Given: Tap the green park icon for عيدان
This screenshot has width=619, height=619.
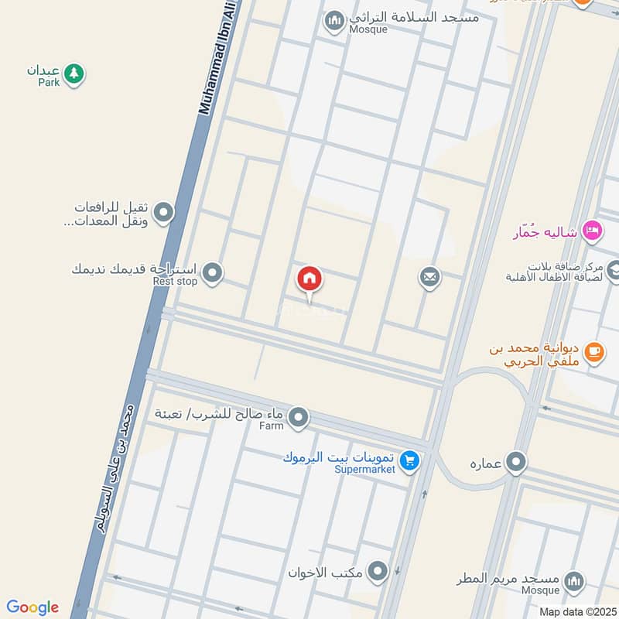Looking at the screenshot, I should (x=74, y=74).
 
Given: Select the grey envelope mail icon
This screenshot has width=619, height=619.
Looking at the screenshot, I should (x=430, y=277).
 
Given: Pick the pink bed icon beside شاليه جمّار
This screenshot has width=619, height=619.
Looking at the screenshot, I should (x=592, y=230).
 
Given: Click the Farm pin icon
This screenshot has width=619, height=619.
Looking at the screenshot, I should (x=299, y=419).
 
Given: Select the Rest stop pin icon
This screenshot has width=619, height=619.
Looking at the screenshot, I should (x=213, y=272).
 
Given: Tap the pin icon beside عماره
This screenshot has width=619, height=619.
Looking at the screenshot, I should (x=516, y=463).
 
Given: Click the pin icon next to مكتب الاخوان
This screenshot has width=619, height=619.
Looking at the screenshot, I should (x=378, y=573).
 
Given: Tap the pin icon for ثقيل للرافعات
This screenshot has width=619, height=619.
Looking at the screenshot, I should (x=163, y=212).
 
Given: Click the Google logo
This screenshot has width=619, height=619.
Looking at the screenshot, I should (x=32, y=607).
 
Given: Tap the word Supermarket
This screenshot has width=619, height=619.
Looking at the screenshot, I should (x=365, y=469).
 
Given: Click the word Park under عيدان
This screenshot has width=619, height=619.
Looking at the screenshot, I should (x=49, y=82).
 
